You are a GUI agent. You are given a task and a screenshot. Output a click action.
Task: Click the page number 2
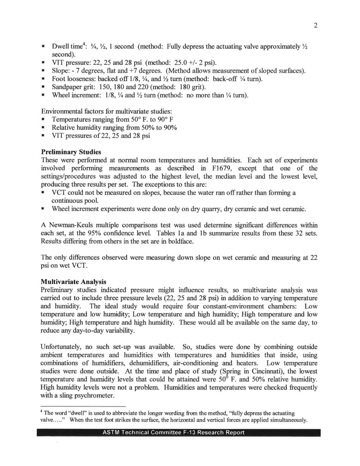point(315,25)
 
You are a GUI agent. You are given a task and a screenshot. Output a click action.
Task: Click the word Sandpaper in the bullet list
point(65,87)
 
